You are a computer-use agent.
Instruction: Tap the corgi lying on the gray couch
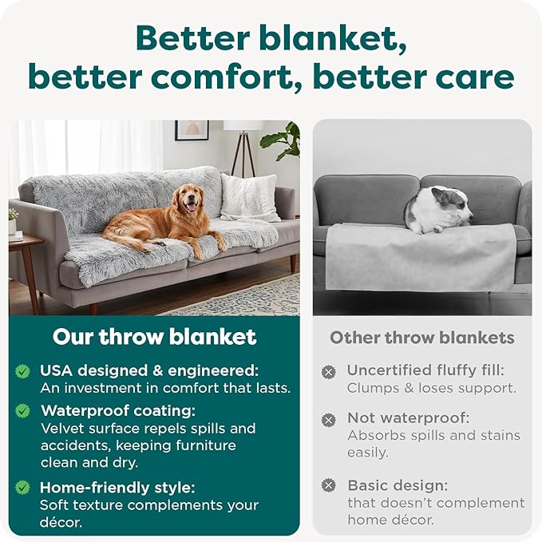(438, 210)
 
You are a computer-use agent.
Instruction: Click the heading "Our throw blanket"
(154, 337)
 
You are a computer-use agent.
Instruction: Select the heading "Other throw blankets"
(422, 338)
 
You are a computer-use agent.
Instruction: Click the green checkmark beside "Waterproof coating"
(23, 410)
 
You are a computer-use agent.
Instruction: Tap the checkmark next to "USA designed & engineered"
(23, 371)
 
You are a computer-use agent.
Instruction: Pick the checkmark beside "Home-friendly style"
(23, 487)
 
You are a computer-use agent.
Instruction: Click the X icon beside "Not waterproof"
(328, 419)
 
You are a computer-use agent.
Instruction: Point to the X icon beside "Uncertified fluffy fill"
(328, 371)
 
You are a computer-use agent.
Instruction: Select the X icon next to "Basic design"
(328, 485)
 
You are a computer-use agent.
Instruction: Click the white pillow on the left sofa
(249, 197)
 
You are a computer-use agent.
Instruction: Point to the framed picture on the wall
(192, 130)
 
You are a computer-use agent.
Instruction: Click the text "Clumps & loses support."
(431, 389)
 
